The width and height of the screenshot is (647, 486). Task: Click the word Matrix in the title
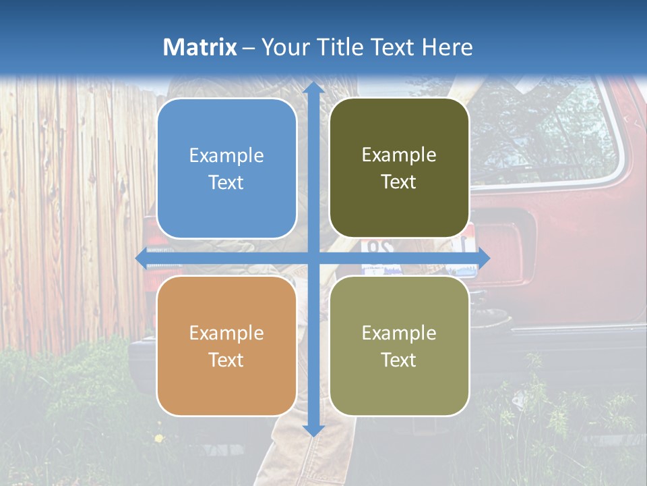tap(200, 47)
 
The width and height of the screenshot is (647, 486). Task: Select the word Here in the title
tap(448, 47)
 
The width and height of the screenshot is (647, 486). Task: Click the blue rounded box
tap(226, 169)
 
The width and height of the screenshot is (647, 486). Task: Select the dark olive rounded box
tap(399, 168)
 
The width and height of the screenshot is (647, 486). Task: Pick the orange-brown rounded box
tap(226, 346)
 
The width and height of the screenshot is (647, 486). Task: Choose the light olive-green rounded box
tap(399, 346)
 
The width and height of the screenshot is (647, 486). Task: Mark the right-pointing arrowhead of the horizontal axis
tap(483, 258)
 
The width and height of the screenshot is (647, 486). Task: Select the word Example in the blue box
tap(226, 156)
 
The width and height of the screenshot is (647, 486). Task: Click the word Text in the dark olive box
tap(399, 182)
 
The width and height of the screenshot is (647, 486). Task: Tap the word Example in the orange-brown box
tap(226, 333)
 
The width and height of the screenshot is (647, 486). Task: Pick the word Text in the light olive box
tap(399, 360)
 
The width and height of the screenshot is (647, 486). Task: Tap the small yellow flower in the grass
tap(159, 439)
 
